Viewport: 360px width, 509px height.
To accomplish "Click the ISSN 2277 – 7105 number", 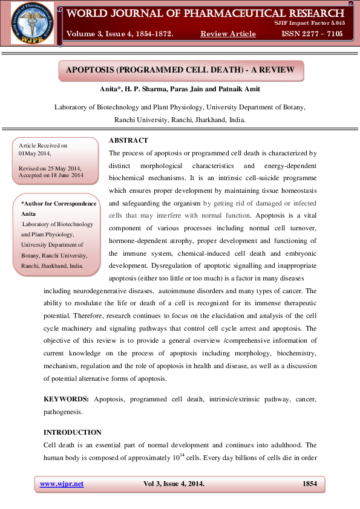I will [x=312, y=33].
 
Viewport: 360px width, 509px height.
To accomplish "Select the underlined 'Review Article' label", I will [x=228, y=33].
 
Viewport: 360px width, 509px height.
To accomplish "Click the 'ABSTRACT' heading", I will [x=128, y=140].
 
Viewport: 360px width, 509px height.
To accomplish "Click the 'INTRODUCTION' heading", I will [x=73, y=432].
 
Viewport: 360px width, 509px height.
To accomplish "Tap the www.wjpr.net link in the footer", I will [x=62, y=484].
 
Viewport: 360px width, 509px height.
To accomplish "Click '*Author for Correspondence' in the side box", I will [x=59, y=204].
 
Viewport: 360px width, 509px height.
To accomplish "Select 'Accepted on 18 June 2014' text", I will [x=51, y=175].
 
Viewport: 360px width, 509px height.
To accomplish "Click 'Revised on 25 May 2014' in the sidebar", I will [x=51, y=167].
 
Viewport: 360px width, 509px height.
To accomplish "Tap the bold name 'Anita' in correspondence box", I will [x=28, y=214].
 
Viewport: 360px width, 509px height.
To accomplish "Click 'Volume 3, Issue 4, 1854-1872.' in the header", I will [x=120, y=33].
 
